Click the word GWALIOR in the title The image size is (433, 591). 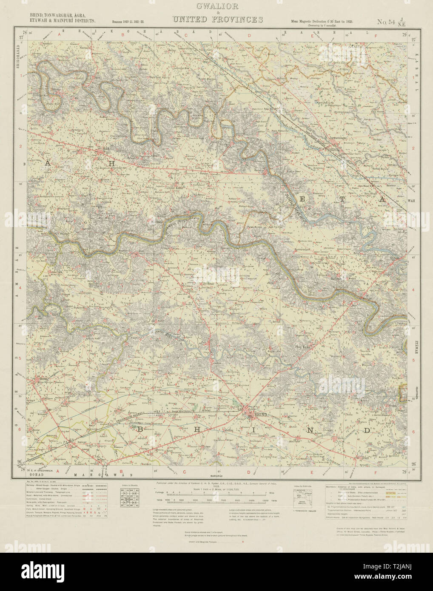point(217,6)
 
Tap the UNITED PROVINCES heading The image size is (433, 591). point(217,20)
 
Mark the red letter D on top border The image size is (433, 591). point(250,36)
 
